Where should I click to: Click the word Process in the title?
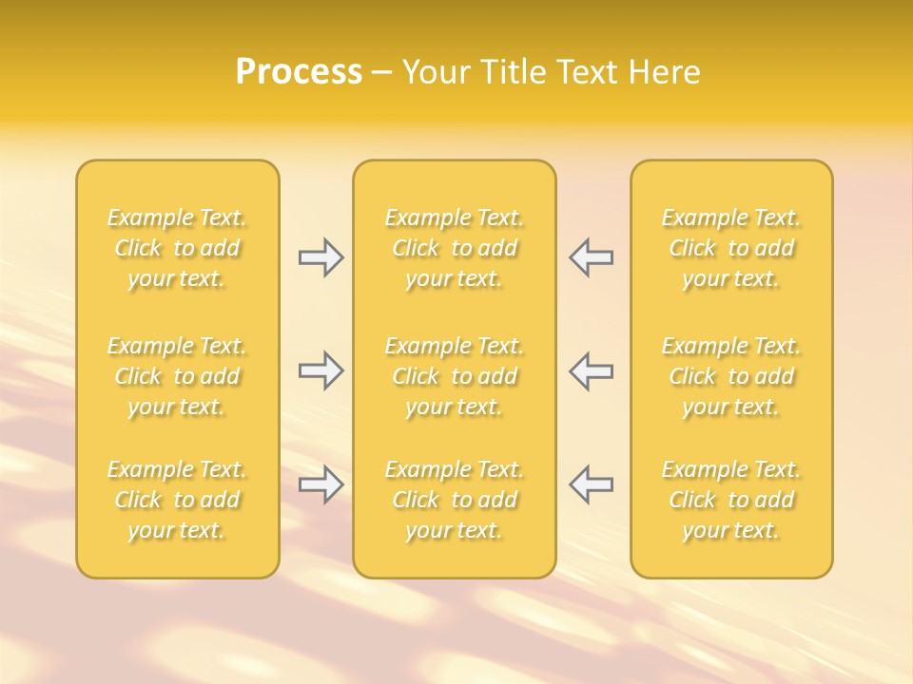coord(299,72)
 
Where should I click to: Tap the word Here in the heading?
coord(666,72)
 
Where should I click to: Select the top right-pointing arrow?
coord(321,257)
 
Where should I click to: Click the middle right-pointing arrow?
coord(321,370)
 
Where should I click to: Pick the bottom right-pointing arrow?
coord(321,484)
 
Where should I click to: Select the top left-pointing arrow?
coord(591,257)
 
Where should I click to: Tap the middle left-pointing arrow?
coord(591,370)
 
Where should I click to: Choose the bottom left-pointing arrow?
coord(591,484)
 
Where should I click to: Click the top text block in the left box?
coord(177,248)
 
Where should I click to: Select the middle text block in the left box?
coord(177,376)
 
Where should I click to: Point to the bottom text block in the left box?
coord(177,500)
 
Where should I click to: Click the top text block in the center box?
coord(455,248)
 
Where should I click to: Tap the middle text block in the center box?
coord(455,376)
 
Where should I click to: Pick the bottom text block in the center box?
coord(455,500)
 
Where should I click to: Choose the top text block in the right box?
coord(731,248)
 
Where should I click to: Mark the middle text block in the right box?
coord(731,376)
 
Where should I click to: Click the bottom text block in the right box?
coord(731,500)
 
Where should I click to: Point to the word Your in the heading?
coord(437,72)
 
